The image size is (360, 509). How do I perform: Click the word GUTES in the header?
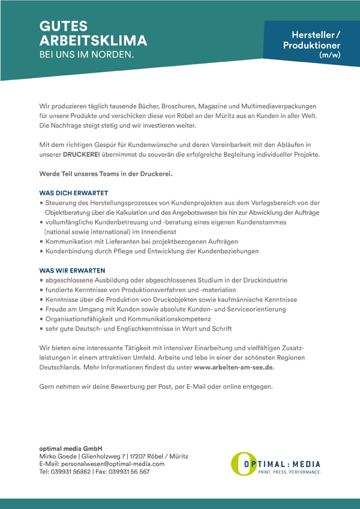coord(63,26)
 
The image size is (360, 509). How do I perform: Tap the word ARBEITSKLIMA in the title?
coord(93,41)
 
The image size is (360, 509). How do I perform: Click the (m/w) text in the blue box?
coord(329,55)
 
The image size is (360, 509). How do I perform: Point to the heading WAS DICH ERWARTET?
coord(73,194)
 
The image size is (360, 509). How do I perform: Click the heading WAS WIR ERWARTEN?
coord(72,270)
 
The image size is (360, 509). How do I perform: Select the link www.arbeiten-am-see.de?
coord(233,368)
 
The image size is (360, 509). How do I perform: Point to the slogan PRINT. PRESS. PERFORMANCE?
coord(289,472)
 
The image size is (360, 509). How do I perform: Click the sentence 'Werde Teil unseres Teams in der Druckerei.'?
coord(106,174)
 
